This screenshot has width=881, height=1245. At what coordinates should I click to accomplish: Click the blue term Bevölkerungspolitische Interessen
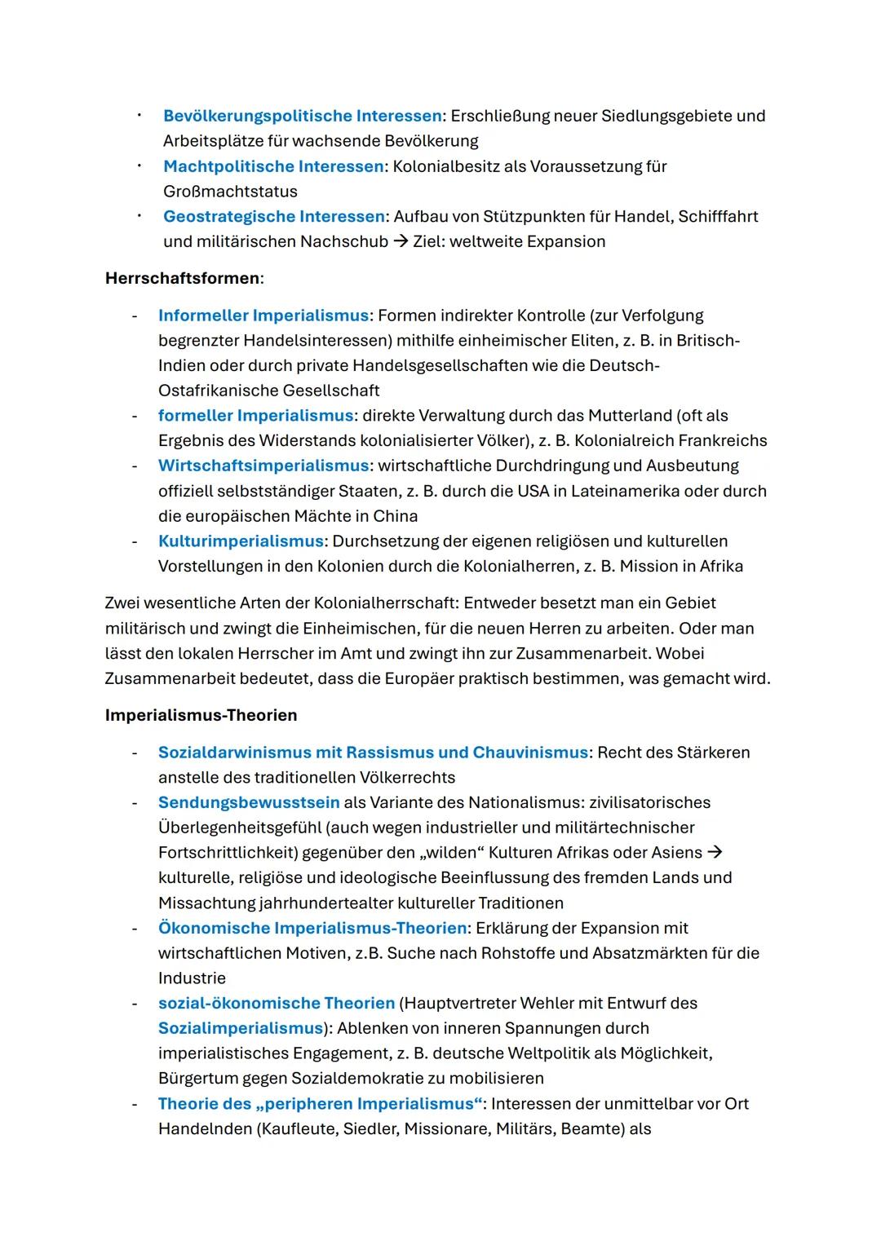point(302,116)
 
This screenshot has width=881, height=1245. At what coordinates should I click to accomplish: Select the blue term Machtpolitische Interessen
point(273,166)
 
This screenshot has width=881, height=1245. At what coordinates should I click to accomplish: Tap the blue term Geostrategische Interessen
point(273,216)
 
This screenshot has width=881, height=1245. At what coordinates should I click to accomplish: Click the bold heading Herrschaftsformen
point(183,278)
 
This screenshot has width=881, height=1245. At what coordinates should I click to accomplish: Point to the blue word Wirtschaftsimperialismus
point(263,466)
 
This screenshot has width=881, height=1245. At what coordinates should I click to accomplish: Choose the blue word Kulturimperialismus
point(241,541)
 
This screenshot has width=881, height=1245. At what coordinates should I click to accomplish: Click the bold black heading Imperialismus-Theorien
point(201,715)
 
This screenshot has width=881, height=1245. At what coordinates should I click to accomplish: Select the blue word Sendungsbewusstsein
point(249,802)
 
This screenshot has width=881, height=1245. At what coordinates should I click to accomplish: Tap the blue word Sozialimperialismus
point(241,1028)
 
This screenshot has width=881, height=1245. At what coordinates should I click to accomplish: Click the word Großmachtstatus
point(230,192)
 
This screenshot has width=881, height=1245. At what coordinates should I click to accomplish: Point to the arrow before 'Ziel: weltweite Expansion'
point(401,242)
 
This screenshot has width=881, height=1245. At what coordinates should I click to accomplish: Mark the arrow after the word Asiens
point(715,853)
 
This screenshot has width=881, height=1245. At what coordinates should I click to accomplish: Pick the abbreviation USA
point(533,491)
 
